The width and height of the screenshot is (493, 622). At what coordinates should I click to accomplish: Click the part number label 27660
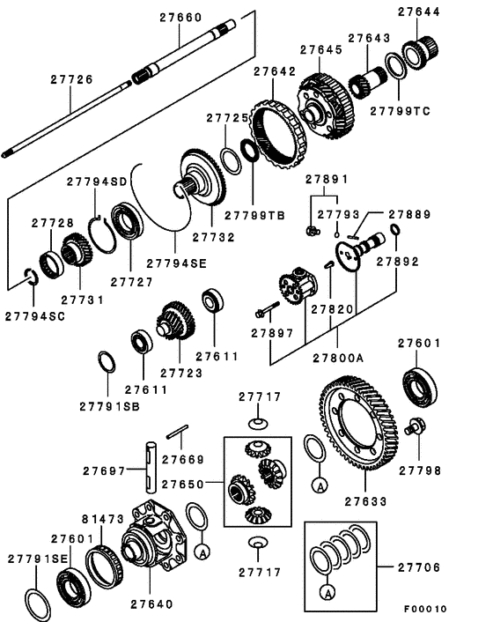click(180, 17)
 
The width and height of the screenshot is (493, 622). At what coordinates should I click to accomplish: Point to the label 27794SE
click(175, 263)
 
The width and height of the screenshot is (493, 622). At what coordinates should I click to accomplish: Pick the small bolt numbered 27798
click(416, 429)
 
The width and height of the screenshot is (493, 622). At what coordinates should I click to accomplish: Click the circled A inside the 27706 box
click(327, 591)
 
